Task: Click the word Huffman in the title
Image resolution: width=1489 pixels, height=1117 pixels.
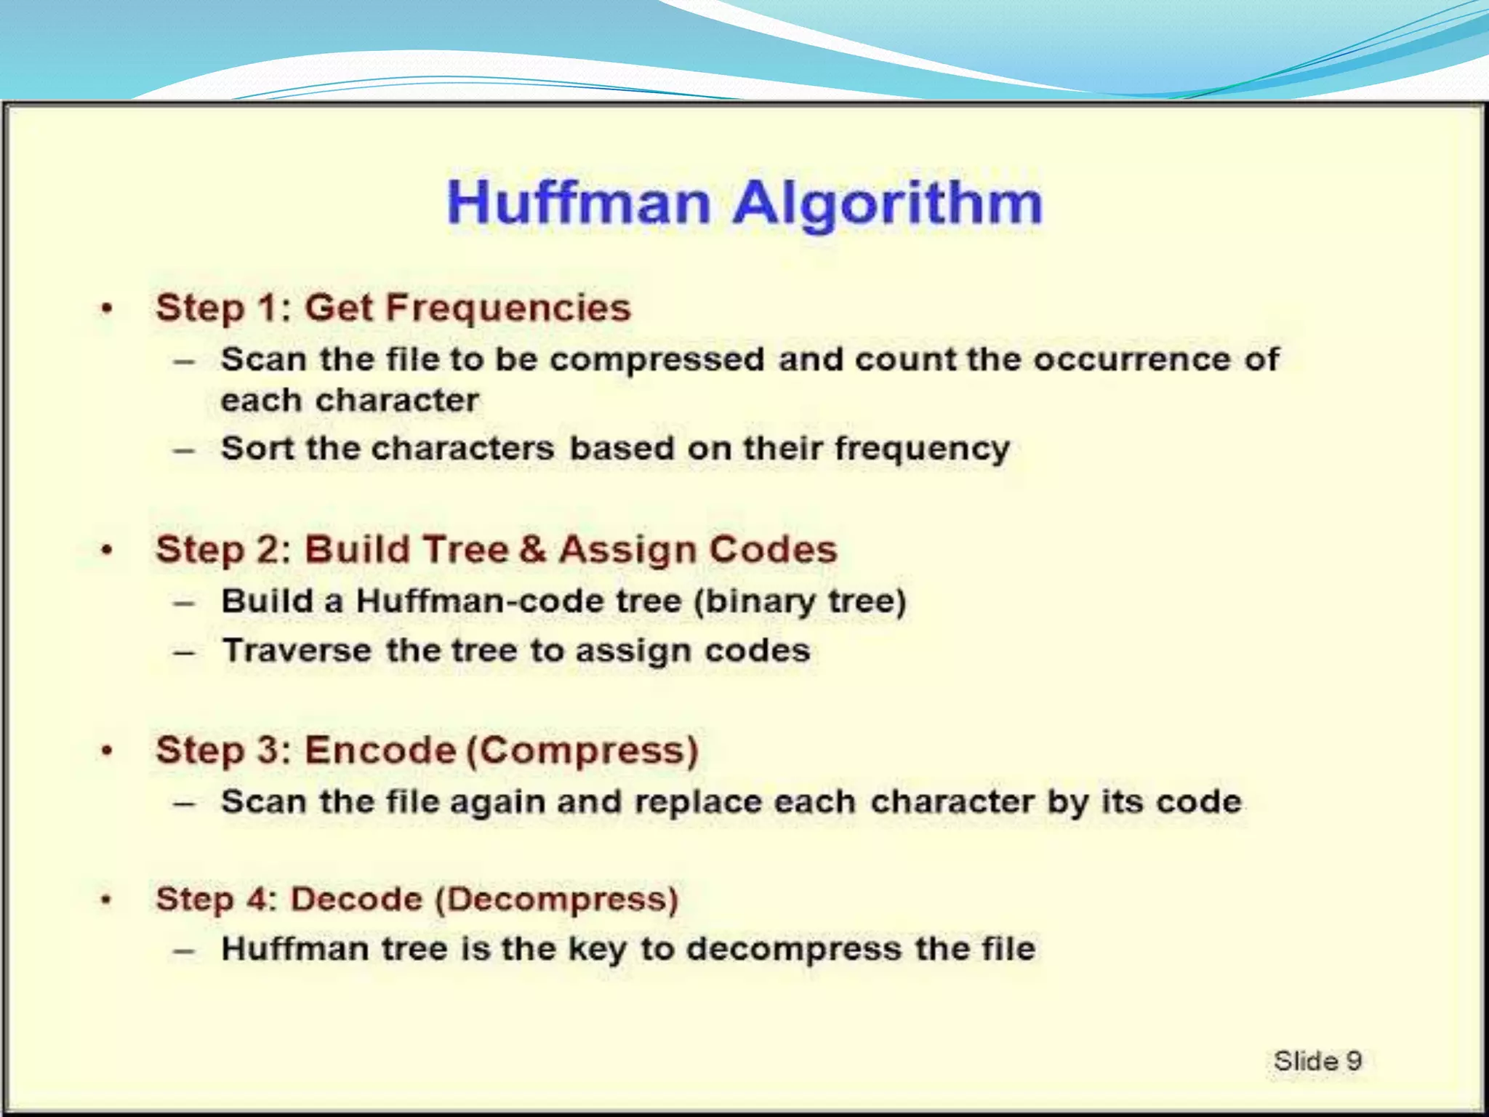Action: point(578,204)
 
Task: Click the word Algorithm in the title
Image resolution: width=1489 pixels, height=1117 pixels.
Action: point(887,204)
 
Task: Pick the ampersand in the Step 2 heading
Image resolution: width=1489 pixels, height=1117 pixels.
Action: point(533,549)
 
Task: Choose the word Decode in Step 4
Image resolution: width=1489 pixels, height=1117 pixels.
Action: point(356,900)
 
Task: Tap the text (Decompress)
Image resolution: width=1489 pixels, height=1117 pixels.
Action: point(557,900)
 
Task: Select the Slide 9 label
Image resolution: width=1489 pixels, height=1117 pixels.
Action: point(1317,1061)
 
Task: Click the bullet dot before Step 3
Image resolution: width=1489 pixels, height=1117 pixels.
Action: point(107,751)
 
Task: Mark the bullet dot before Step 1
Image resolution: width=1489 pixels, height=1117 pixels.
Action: point(107,309)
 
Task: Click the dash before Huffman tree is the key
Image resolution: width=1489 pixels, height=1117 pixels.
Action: point(184,950)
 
